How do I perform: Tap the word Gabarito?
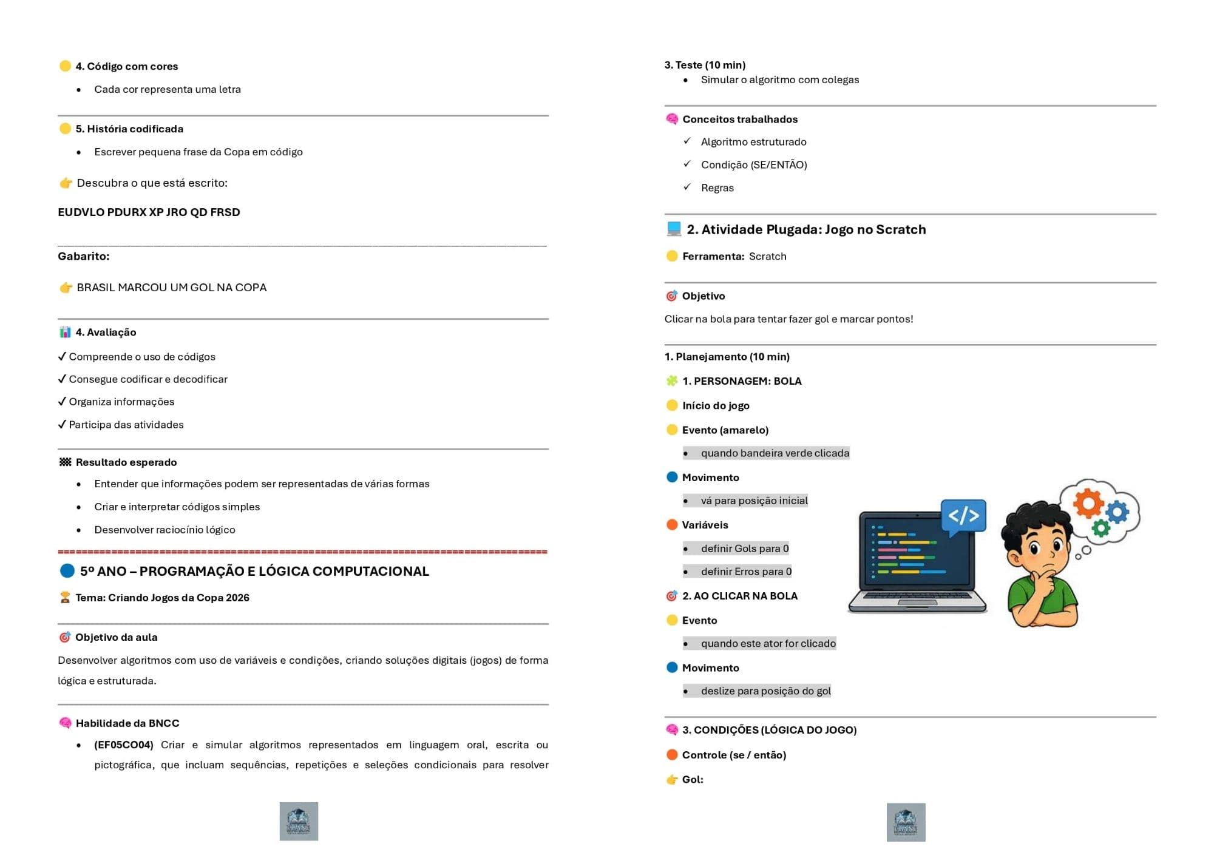[84, 256]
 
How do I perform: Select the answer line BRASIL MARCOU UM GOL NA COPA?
[171, 288]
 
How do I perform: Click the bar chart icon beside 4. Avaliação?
[65, 332]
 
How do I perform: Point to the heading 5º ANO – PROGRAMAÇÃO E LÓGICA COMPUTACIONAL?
[254, 572]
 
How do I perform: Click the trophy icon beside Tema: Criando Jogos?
[65, 598]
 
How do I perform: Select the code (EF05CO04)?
[124, 745]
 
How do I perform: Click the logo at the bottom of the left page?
[299, 822]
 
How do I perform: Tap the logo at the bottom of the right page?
[906, 822]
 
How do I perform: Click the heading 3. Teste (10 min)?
[705, 65]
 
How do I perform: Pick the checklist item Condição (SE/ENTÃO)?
[754, 165]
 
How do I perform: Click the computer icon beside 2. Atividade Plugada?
[674, 229]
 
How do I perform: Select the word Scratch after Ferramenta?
[767, 256]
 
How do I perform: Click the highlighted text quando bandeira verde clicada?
[775, 453]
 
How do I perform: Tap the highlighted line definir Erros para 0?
[746, 572]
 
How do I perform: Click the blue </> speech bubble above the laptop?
[963, 516]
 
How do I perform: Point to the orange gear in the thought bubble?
[1088, 502]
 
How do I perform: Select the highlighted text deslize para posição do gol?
[765, 691]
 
